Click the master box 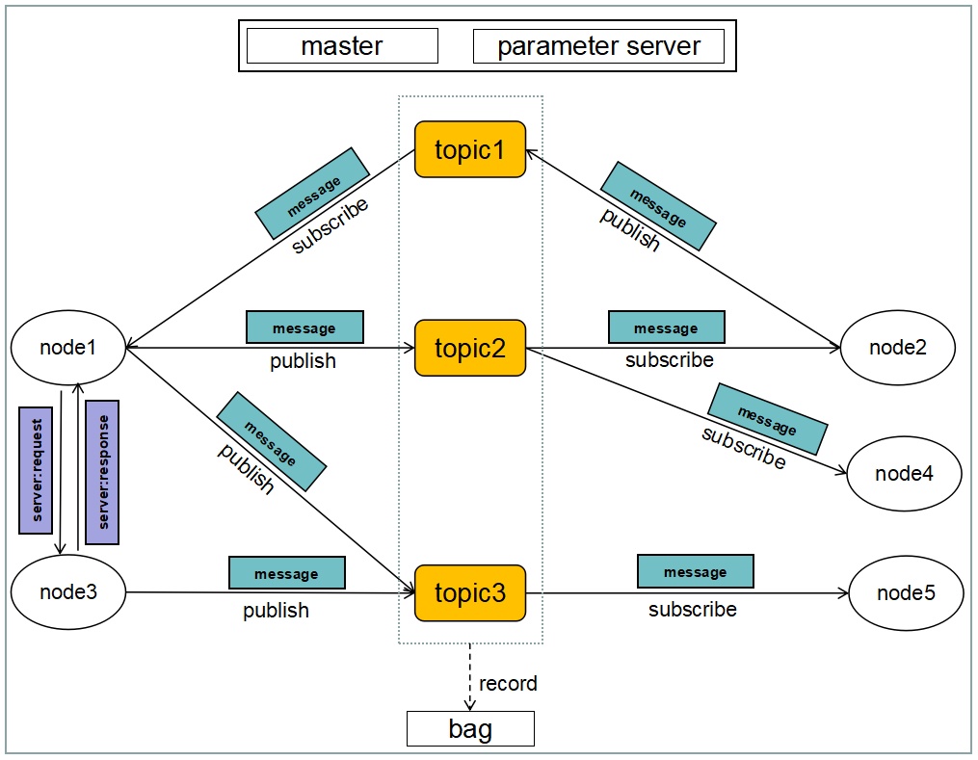342,45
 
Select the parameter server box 598,45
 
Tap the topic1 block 470,149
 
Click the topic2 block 470,348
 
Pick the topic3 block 470,593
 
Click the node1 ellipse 68,348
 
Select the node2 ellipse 897,348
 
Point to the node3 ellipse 68,591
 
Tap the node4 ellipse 904,473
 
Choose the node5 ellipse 906,592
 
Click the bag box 470,728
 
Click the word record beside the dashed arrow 508,683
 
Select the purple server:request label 36,470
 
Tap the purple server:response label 102,472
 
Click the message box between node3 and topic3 287,573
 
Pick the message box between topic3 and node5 696,571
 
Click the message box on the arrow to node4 768,419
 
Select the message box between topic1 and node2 658,206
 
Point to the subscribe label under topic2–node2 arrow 670,359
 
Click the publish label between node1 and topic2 303,361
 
